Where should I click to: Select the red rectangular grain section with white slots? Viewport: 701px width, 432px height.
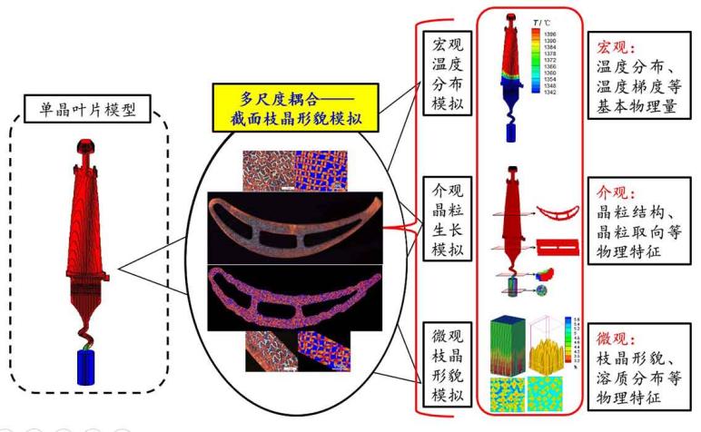[556, 247]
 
